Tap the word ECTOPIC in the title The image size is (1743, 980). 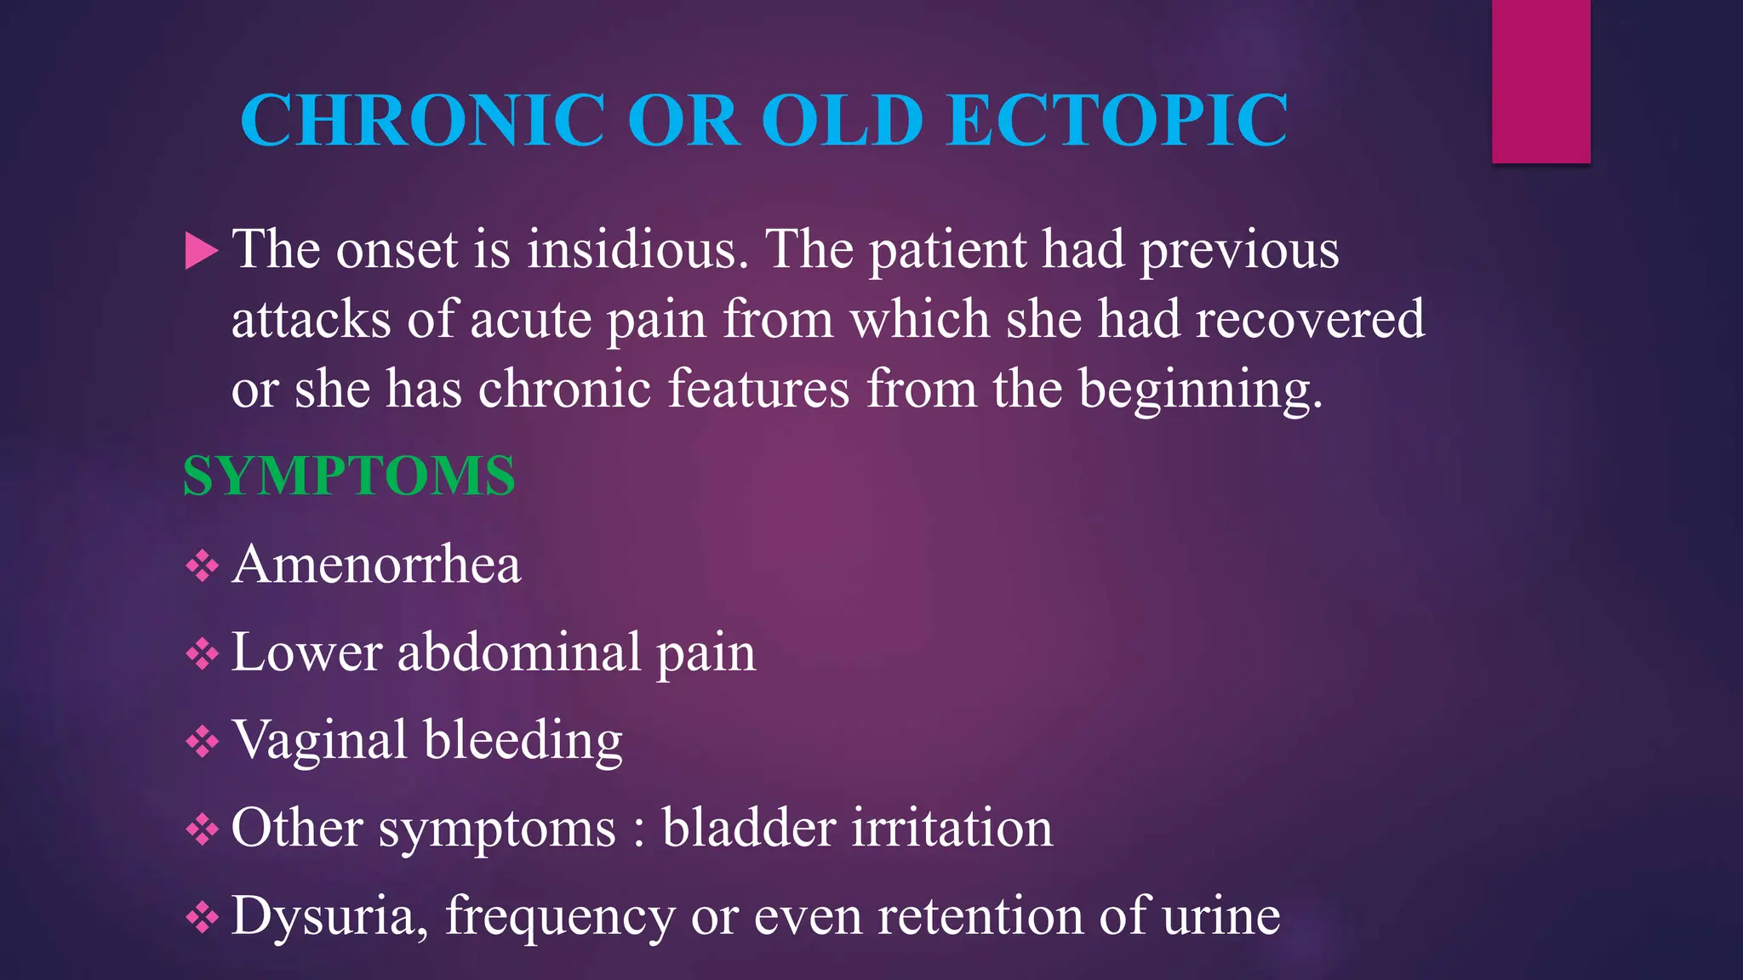pyautogui.click(x=1117, y=120)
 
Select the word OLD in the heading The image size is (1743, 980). pyautogui.click(x=841, y=120)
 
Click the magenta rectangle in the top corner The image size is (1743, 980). pyautogui.click(x=1540, y=81)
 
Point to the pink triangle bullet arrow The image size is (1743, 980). pyautogui.click(x=201, y=252)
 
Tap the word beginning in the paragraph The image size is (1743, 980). pyautogui.click(x=1200, y=390)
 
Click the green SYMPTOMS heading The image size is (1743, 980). pyautogui.click(x=349, y=476)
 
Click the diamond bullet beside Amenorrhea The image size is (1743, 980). pyautogui.click(x=202, y=566)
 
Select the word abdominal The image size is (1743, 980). pyautogui.click(x=519, y=652)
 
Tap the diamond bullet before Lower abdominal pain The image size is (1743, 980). pyautogui.click(x=202, y=654)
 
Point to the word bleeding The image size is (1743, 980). pyautogui.click(x=523, y=740)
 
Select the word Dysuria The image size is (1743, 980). pyautogui.click(x=324, y=916)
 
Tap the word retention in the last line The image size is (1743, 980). pyautogui.click(x=980, y=916)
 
